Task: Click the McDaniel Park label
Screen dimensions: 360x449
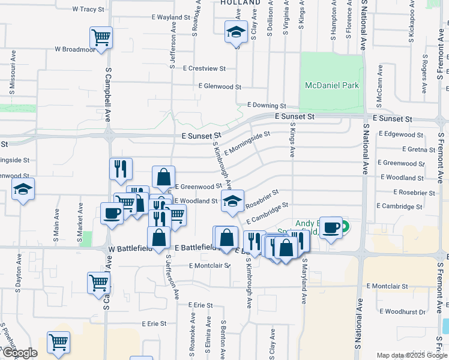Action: pos(332,85)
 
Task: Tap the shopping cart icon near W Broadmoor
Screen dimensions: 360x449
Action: pos(101,37)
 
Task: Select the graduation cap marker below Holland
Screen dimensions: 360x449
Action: pos(236,31)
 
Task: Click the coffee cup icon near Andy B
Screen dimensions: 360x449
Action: pos(331,227)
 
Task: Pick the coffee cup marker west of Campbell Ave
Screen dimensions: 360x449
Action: pos(112,214)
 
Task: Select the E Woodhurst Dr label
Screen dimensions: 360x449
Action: pos(405,311)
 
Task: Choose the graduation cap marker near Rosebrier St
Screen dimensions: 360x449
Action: pos(232,201)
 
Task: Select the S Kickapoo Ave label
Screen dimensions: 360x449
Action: pos(412,24)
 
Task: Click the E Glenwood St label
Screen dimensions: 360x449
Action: pos(219,86)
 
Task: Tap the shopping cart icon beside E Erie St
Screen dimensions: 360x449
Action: pos(59,342)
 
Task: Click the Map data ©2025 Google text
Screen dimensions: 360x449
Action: pos(411,355)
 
